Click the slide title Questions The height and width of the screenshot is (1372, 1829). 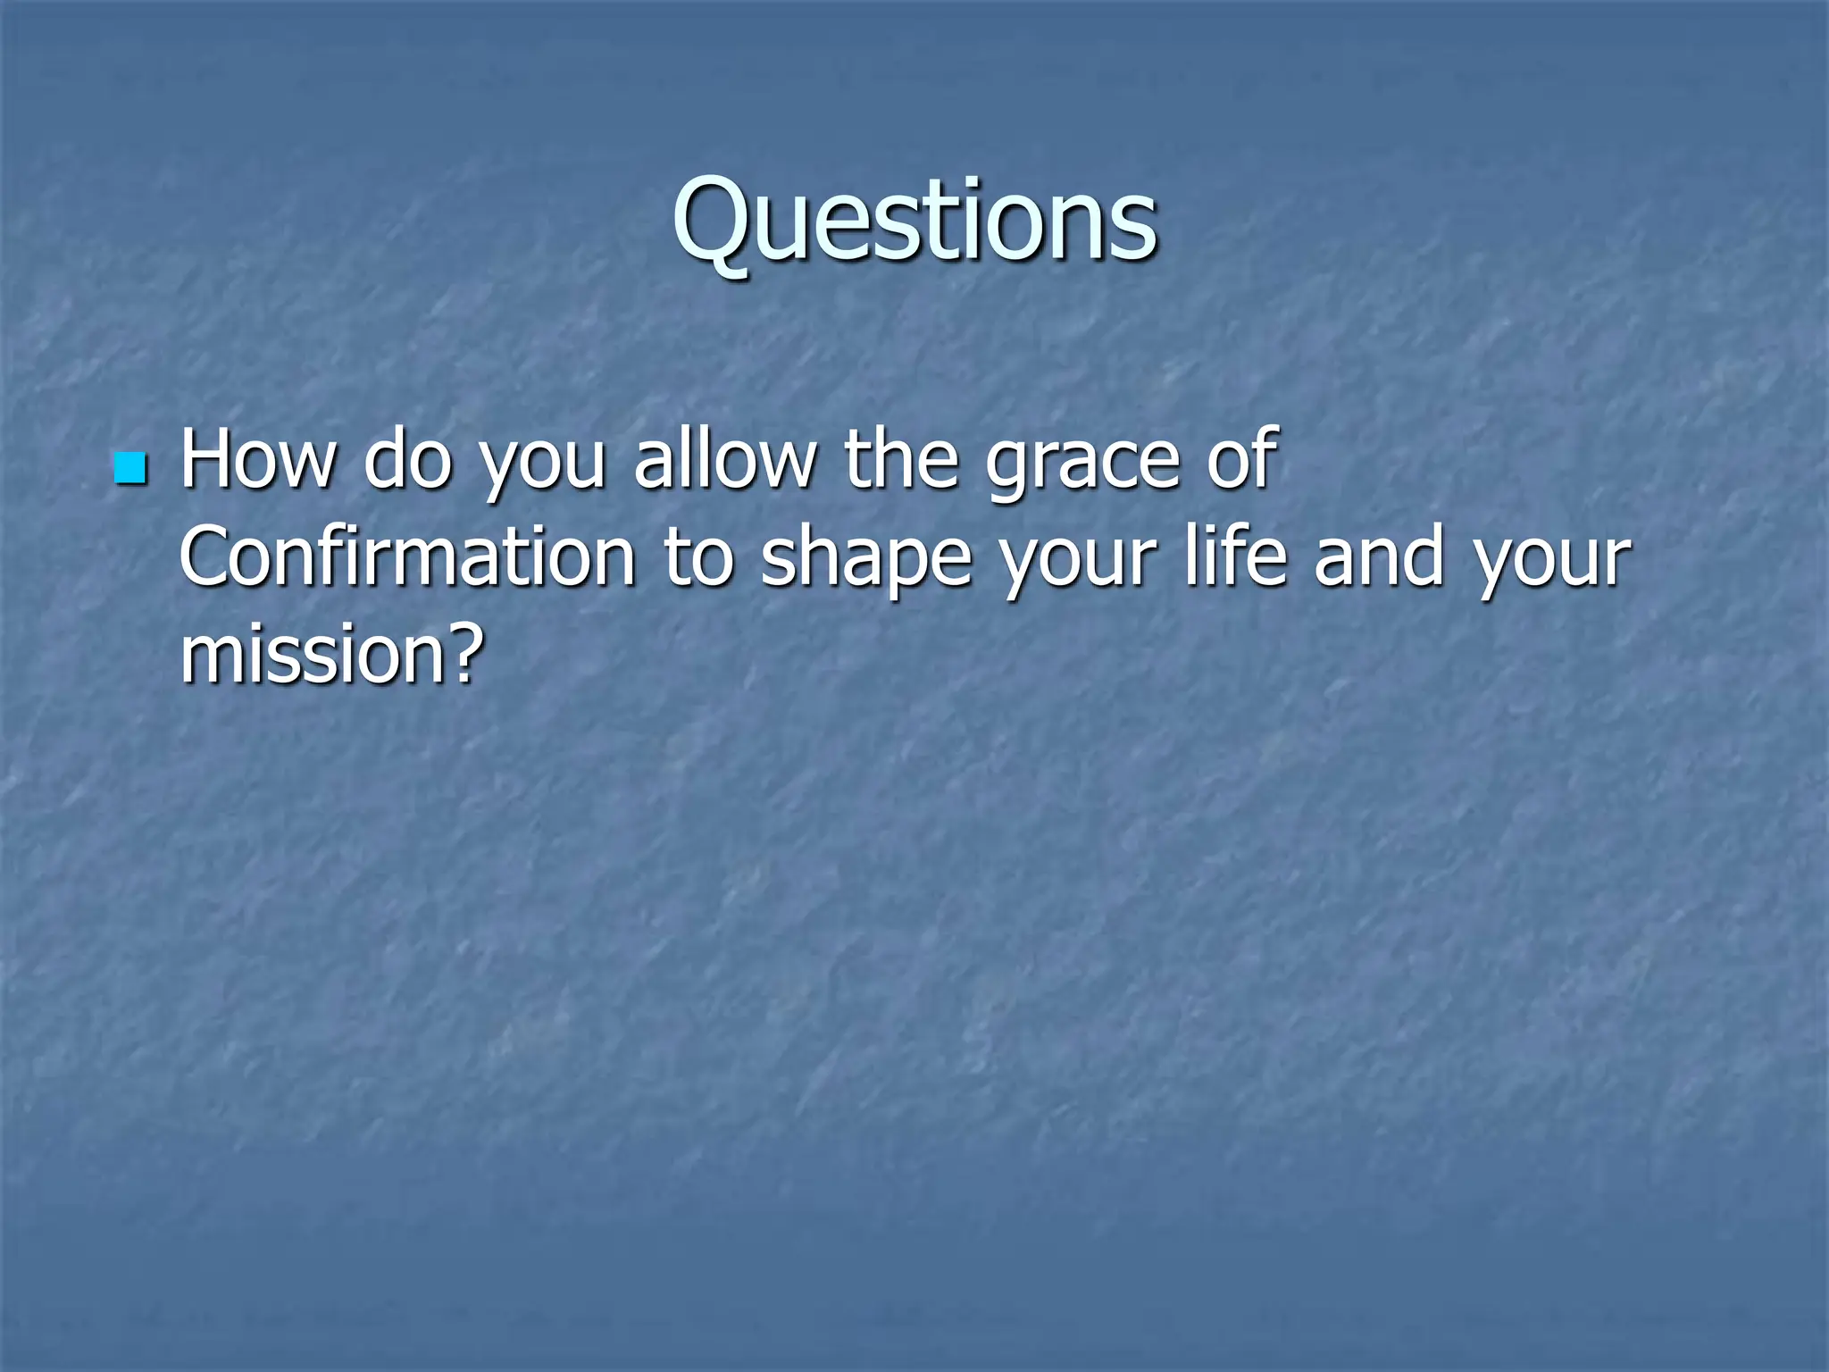click(915, 221)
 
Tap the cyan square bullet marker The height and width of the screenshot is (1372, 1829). click(130, 468)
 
